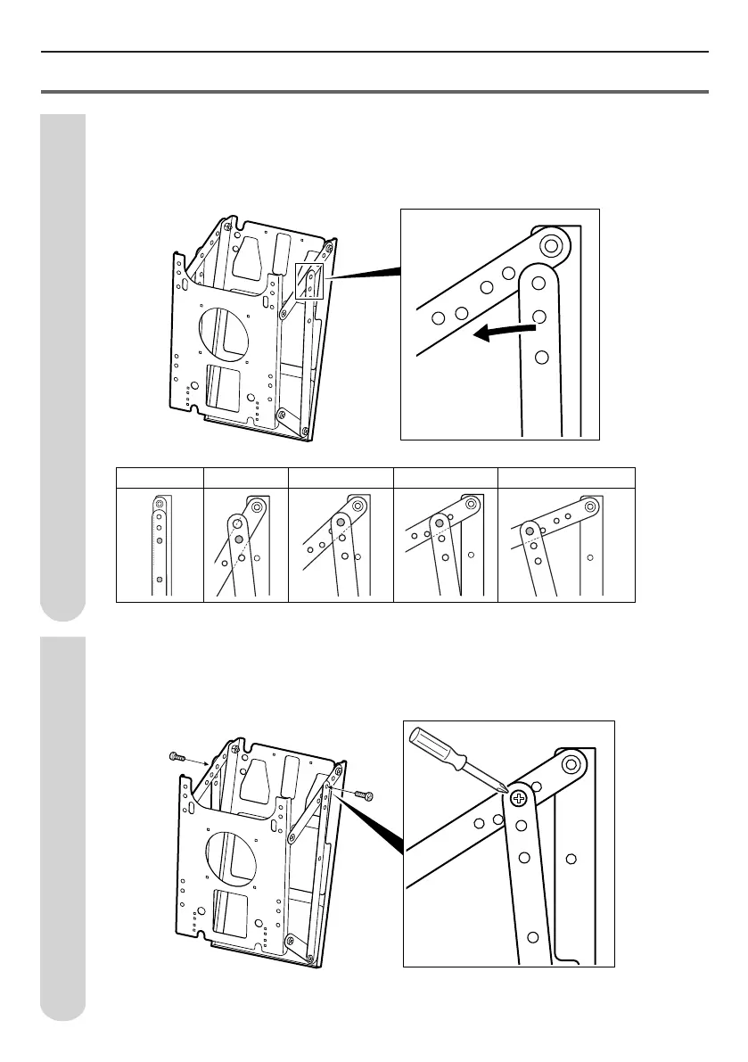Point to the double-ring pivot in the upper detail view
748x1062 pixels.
(551, 243)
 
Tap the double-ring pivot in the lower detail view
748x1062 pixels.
(571, 762)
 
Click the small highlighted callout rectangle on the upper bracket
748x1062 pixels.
(309, 281)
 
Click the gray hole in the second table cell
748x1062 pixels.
(239, 539)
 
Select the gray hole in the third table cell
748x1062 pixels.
(340, 523)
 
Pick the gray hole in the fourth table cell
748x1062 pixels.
(439, 523)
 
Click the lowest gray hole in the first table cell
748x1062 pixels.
(159, 580)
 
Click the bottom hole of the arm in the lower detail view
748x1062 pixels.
(533, 937)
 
